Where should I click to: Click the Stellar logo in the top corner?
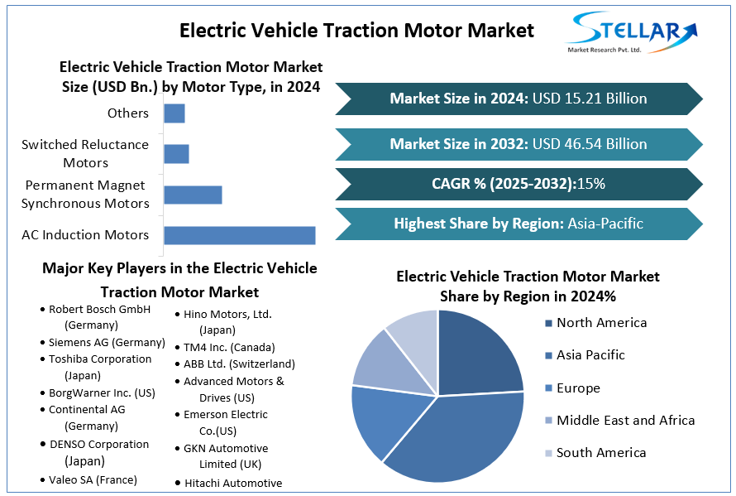pos(630,33)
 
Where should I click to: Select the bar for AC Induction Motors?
pos(239,235)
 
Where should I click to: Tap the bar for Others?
pos(174,113)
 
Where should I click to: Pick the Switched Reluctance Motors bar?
pos(176,154)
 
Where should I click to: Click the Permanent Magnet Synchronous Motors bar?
pos(193,195)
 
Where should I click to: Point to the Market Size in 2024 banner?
pos(519,99)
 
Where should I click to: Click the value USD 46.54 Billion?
pos(590,143)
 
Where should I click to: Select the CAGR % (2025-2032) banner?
pos(519,184)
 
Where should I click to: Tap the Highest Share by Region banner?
pos(519,224)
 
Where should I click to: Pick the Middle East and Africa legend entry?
pos(624,420)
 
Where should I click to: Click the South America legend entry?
pos(600,452)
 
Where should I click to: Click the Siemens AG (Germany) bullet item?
pos(107,342)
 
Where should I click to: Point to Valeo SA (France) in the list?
pos(93,479)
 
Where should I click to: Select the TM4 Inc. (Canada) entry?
pos(229,347)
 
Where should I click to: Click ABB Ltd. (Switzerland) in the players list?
pos(239,364)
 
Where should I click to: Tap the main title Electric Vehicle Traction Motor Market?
pos(356,31)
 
